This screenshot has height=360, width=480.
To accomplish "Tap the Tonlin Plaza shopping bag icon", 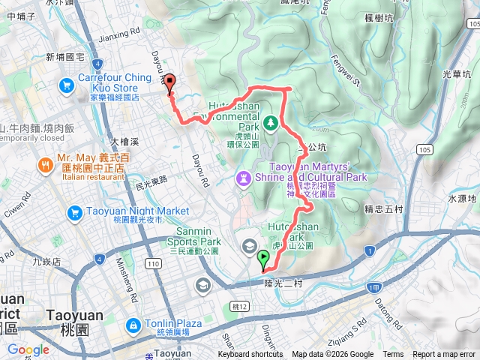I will pos(133,325).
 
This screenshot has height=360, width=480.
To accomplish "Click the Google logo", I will pos(28,349).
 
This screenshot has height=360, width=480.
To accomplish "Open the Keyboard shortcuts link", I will pos(250,355).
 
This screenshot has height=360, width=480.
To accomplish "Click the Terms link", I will pos(393,355).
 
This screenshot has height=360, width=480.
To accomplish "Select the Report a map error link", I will pos(444,355).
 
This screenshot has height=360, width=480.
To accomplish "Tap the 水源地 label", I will pos(463,199).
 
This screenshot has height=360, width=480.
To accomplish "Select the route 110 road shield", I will pos(154,264).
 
